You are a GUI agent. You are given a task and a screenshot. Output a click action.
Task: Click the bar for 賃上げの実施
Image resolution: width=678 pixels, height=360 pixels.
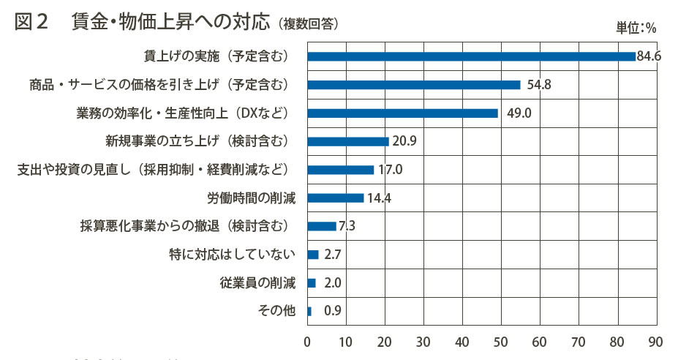[471, 56]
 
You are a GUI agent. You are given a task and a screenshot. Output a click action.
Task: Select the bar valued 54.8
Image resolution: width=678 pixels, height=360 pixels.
[414, 85]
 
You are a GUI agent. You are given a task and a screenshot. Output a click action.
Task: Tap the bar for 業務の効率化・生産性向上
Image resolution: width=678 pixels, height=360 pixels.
[402, 113]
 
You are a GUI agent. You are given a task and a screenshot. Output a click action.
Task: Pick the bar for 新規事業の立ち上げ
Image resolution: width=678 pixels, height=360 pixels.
[348, 141]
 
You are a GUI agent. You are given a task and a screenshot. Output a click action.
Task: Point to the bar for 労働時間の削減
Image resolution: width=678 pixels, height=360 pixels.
[336, 198]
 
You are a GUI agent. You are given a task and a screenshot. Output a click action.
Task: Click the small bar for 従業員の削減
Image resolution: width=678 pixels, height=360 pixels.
[312, 282]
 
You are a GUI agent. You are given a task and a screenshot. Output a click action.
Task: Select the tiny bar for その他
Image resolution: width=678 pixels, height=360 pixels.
[309, 311]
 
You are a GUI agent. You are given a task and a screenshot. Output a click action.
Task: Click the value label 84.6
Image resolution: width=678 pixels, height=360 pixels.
[649, 56]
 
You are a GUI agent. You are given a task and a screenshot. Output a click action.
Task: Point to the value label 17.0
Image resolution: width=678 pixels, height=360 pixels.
[391, 170]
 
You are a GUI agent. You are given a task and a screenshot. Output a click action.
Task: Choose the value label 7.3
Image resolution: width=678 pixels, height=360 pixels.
[347, 226]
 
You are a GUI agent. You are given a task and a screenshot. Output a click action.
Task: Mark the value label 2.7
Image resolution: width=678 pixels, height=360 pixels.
[333, 255]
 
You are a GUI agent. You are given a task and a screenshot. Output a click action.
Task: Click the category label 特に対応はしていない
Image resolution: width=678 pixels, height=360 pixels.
[232, 255]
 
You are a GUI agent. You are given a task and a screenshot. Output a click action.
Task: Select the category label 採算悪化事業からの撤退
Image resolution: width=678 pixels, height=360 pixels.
[188, 226]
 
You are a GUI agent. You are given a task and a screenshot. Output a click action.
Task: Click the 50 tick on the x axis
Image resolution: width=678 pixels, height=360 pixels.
[501, 342]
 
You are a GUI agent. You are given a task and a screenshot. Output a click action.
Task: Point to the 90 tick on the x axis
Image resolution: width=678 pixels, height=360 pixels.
[655, 342]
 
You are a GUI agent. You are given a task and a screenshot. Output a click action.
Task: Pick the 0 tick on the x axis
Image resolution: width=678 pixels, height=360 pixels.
[308, 342]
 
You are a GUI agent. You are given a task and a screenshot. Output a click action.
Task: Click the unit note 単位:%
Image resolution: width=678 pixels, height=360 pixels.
[636, 29]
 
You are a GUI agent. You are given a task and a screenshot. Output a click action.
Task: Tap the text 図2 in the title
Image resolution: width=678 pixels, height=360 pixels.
[31, 22]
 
